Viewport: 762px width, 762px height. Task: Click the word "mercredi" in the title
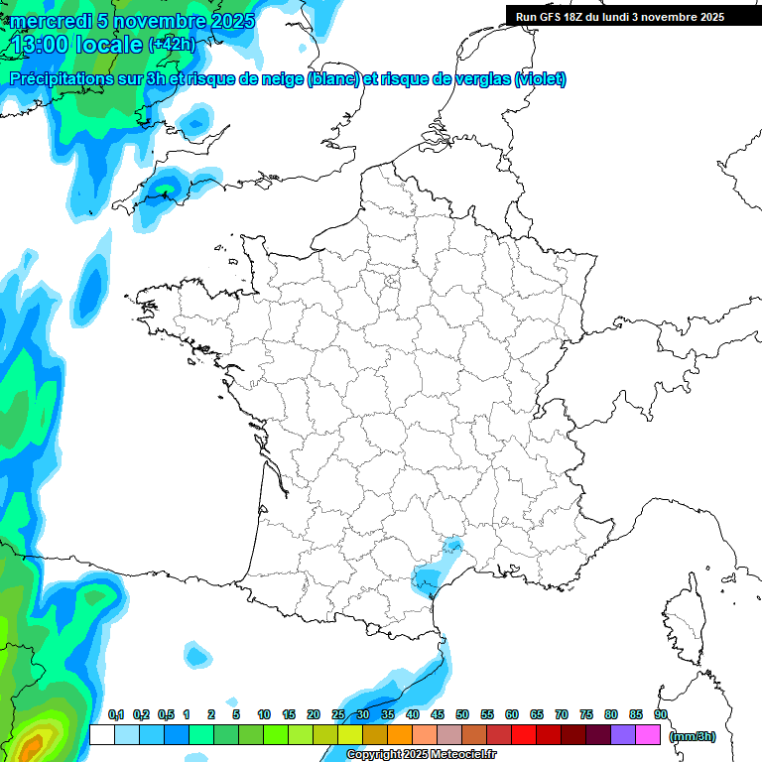pyautogui.click(x=48, y=20)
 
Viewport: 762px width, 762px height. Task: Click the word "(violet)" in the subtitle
pyautogui.click(x=541, y=79)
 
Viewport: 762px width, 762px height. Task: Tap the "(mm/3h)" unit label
pyautogui.click(x=693, y=736)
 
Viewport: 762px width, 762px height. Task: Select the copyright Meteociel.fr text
pyautogui.click(x=421, y=755)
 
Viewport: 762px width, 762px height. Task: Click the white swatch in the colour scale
pyautogui.click(x=101, y=735)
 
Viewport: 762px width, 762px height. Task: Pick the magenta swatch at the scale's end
pyautogui.click(x=649, y=735)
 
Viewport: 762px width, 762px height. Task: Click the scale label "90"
pyautogui.click(x=661, y=714)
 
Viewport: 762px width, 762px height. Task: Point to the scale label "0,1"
pyautogui.click(x=116, y=714)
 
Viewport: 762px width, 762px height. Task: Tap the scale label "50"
pyautogui.click(x=462, y=714)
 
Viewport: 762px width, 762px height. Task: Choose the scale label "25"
pyautogui.click(x=338, y=714)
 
